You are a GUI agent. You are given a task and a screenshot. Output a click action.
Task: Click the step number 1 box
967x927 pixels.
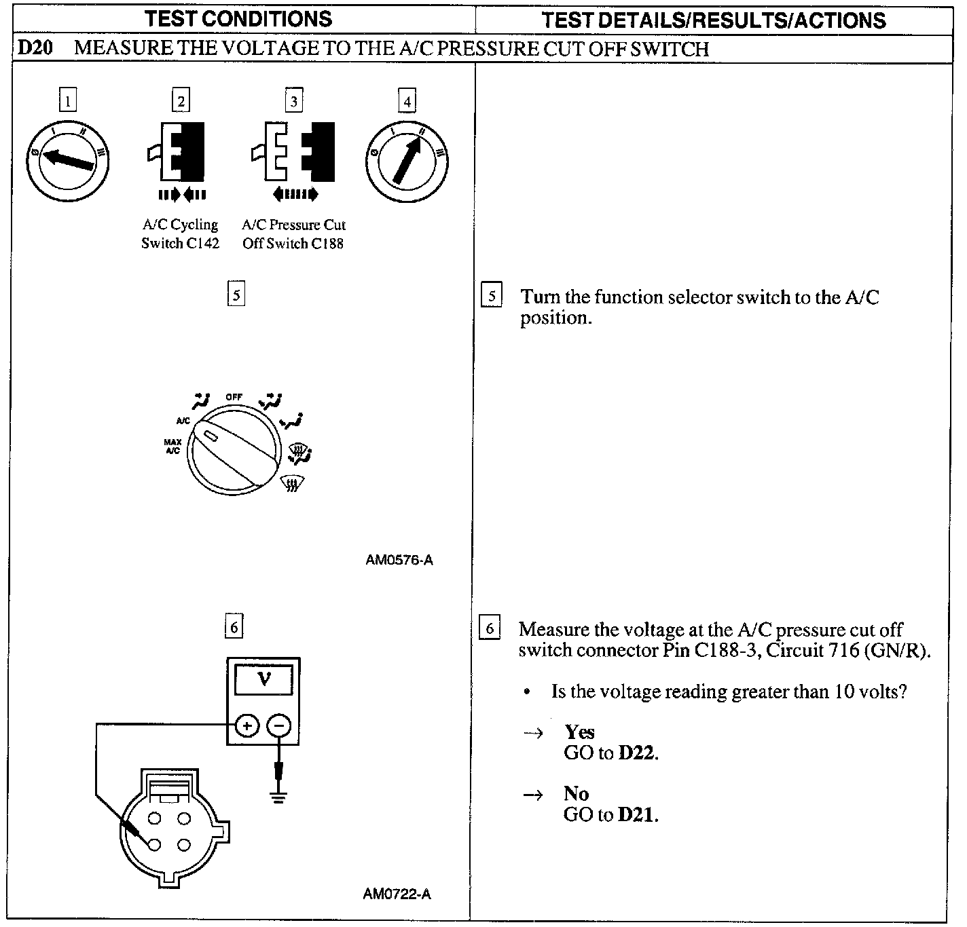67,101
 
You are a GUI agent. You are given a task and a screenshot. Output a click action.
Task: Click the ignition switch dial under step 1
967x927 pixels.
67,160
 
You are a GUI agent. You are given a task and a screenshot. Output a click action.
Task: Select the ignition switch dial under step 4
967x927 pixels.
407,161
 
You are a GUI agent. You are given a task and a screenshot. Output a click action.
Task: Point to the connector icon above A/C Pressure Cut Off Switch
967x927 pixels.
294,153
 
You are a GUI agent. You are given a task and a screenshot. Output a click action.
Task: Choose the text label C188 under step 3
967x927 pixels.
327,244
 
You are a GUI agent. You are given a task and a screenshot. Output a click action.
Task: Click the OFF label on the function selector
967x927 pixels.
234,397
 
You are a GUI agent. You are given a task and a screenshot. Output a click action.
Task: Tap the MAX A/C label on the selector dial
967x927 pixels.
172,446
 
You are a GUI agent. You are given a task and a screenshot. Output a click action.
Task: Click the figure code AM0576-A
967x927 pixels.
399,561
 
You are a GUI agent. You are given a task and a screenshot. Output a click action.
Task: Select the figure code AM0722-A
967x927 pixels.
397,894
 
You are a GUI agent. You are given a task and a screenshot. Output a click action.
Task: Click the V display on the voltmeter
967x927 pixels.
264,679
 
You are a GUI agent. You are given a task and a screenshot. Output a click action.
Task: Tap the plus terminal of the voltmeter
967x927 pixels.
247,726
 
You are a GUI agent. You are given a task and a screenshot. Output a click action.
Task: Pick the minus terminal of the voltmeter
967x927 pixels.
278,726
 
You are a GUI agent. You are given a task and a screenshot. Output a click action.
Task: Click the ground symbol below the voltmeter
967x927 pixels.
278,795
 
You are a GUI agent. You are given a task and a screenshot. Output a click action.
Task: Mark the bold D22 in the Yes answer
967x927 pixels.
637,753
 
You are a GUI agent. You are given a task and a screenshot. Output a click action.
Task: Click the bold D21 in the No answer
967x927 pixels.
637,814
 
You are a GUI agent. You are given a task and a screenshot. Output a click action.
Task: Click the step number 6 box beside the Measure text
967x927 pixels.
490,628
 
